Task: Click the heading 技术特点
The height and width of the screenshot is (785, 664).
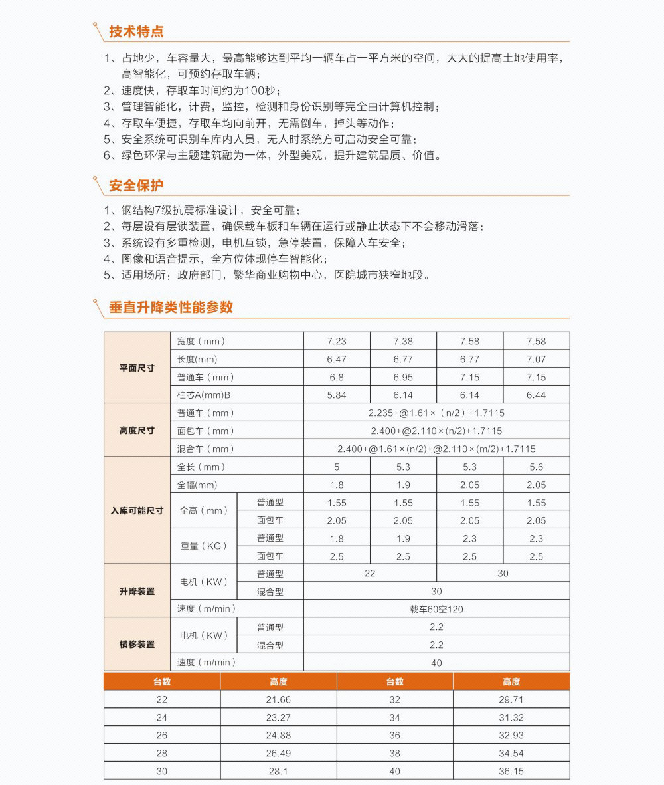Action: pos(136,31)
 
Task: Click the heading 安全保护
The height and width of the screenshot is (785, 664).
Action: pos(136,185)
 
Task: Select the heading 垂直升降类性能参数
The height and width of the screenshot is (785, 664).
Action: pos(171,307)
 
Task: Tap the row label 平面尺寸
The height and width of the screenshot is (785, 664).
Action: pos(137,368)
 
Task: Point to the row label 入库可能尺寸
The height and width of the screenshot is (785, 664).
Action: pos(137,510)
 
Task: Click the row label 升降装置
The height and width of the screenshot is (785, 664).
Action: pos(137,591)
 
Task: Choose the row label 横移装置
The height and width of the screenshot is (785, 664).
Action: pos(137,644)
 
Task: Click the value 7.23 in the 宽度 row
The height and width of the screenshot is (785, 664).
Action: pos(337,341)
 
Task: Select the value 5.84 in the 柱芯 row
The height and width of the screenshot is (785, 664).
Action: pos(337,395)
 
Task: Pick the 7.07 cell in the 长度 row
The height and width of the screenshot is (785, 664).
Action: pos(536,359)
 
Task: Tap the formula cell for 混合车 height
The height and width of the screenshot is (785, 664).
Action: pos(436,449)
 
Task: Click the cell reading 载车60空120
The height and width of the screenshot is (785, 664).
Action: pos(436,609)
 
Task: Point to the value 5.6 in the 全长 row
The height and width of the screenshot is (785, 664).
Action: pos(536,467)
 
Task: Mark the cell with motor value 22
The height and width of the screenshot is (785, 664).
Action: pos(370,573)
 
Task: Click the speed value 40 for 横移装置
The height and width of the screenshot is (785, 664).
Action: pos(436,663)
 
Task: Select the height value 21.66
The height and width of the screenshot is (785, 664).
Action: pos(278,699)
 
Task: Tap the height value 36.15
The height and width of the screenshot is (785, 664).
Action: pos(511,771)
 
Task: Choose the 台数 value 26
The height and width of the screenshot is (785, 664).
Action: pos(162,735)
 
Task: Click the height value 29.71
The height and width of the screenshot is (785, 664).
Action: pos(511,699)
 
